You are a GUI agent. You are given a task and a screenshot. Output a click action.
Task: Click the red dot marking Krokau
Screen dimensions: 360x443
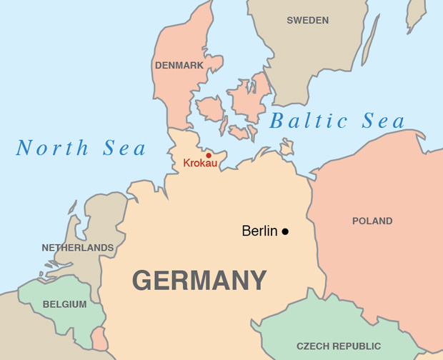[209, 155]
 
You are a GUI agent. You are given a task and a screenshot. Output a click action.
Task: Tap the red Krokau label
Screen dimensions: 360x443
[200, 164]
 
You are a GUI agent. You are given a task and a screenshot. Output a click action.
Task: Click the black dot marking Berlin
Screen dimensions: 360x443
[285, 231]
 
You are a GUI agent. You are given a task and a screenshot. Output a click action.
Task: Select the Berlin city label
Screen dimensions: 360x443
[260, 231]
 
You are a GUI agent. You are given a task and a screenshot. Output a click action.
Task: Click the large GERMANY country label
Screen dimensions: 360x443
[199, 280]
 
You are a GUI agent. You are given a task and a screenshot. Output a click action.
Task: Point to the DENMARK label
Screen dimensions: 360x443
[179, 65]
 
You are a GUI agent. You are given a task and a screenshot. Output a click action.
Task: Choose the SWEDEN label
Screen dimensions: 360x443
[307, 20]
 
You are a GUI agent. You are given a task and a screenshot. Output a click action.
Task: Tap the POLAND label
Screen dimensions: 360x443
[372, 221]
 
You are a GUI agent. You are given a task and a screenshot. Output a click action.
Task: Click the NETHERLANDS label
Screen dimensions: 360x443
[78, 248]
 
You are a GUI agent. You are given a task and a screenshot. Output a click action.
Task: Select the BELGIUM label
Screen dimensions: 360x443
[64, 304]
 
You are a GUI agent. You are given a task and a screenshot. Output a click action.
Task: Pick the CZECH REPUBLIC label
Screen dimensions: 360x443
[339, 346]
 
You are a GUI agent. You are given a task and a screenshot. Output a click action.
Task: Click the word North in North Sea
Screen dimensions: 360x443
[52, 149]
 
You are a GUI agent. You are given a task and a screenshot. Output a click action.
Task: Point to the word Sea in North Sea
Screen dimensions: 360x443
[124, 149]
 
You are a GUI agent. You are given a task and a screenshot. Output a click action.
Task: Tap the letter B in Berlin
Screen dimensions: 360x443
[247, 231]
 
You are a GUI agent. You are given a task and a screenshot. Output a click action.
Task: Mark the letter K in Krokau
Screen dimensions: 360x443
[187, 164]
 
